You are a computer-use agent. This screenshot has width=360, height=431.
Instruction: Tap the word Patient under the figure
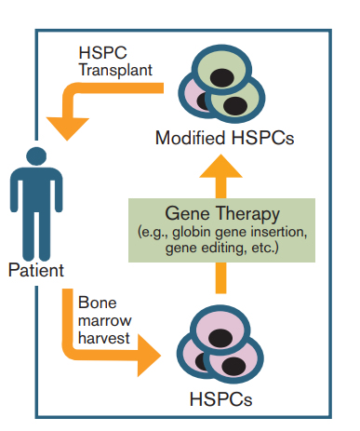[x=36, y=272]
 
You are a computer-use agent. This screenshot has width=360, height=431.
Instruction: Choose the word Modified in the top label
[x=185, y=140]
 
